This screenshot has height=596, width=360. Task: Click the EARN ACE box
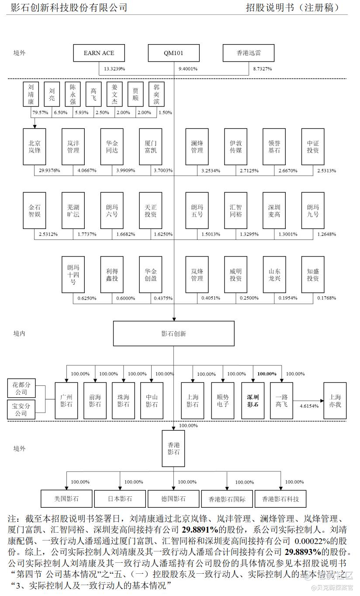click(x=99, y=53)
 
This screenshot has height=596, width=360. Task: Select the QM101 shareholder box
click(x=173, y=53)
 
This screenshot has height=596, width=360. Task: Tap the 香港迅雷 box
click(x=249, y=53)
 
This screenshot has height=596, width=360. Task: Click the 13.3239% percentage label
click(x=114, y=69)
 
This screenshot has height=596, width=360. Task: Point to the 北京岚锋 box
click(x=35, y=147)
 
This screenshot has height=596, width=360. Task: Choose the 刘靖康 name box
click(x=31, y=94)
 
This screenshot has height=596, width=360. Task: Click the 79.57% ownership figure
click(x=40, y=113)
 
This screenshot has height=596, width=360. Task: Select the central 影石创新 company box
click(x=174, y=333)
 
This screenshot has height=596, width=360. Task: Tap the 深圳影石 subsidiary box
click(x=253, y=401)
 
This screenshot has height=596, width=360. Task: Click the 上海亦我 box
click(x=335, y=401)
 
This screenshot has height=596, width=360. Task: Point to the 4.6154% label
click(x=309, y=406)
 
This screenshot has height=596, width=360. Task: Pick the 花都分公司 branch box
click(x=21, y=388)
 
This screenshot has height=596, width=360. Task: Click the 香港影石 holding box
click(x=173, y=448)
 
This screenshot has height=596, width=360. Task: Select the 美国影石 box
click(x=66, y=499)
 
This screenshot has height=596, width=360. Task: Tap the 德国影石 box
click(x=173, y=499)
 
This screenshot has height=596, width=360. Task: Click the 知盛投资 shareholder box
click(x=313, y=274)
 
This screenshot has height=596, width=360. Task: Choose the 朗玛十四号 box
click(x=73, y=274)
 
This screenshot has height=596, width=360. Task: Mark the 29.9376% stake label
click(x=49, y=170)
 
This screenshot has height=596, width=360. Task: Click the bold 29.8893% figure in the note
click(x=303, y=552)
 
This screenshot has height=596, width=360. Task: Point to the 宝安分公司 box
click(x=21, y=410)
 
